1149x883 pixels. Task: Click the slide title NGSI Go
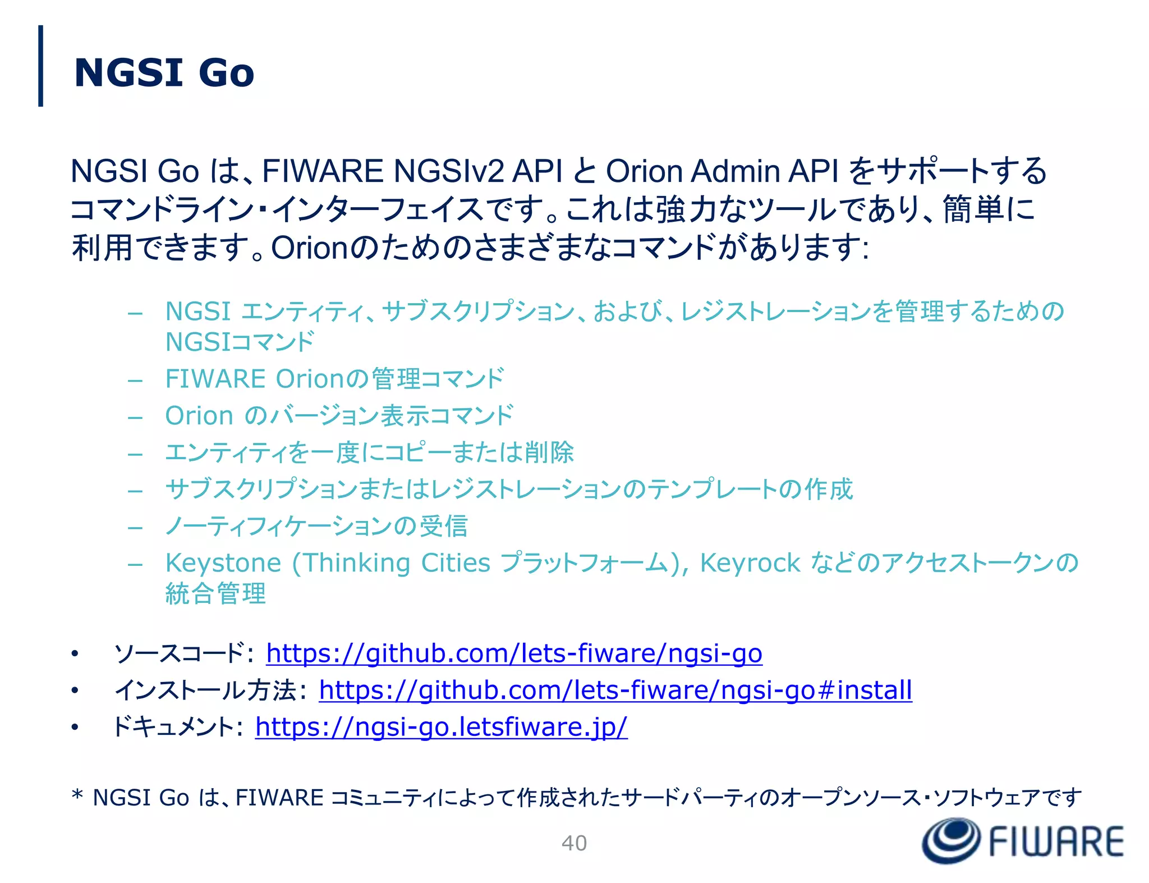[x=164, y=73]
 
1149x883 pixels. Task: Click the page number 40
[x=574, y=843]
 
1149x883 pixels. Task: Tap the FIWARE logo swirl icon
[x=952, y=840]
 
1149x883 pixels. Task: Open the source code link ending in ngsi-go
[x=514, y=653]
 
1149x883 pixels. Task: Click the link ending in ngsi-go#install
[x=615, y=690]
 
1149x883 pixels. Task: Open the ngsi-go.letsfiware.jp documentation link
[x=441, y=727]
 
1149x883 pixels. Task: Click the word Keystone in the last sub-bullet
[x=223, y=563]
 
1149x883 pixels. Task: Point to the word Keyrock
[x=750, y=563]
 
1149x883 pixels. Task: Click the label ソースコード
[x=180, y=653]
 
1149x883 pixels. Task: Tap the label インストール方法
[x=205, y=690]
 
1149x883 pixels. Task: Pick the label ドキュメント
[x=174, y=727]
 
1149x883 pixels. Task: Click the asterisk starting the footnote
[x=77, y=795]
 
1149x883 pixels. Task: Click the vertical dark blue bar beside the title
[x=40, y=66]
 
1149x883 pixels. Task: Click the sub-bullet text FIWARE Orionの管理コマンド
[x=335, y=379]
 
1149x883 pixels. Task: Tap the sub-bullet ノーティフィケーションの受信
[x=316, y=527]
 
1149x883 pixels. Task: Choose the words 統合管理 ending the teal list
[x=215, y=594]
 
